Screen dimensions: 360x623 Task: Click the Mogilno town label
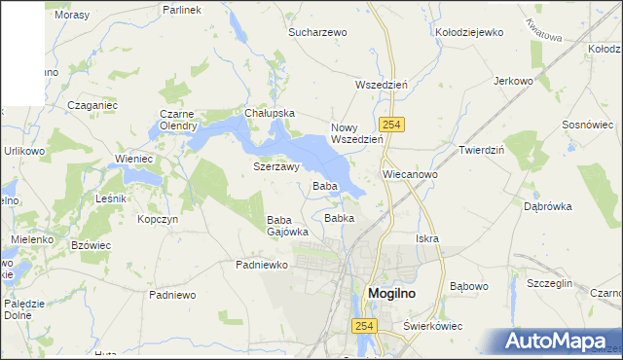397,294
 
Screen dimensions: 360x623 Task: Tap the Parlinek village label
182,10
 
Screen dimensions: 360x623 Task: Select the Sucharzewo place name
317,32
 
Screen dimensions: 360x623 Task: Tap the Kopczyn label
157,220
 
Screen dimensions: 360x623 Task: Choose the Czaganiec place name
92,103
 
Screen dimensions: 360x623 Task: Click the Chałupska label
270,113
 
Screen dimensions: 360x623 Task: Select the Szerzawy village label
275,167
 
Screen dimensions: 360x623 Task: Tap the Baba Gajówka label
287,227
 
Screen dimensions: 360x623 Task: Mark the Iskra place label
426,238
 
